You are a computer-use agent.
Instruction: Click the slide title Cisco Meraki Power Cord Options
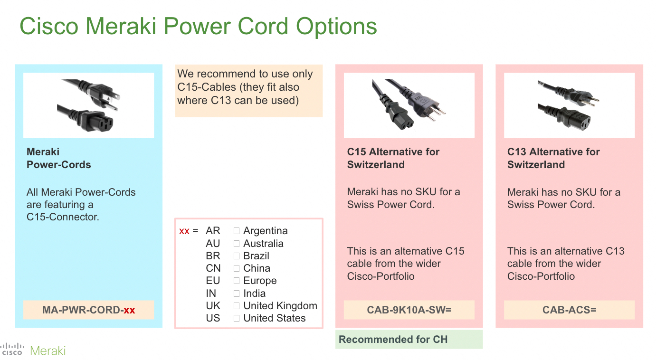198,26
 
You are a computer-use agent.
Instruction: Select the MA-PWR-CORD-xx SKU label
89,310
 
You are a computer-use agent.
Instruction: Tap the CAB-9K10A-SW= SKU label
409,310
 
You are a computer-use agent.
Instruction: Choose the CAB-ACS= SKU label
569,310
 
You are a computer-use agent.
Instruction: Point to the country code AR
213,231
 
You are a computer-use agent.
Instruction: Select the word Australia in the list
263,244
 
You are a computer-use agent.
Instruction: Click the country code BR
213,256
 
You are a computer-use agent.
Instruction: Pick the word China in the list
257,268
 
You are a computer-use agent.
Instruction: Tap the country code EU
213,281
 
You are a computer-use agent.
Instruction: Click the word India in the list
254,294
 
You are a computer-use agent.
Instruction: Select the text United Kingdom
280,306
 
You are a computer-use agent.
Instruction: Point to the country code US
213,318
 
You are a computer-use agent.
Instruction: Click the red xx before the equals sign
184,231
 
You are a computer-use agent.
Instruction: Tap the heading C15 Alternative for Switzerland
393,158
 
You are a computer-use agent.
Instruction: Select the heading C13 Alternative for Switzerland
553,158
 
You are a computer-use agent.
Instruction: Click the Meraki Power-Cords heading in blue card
58,158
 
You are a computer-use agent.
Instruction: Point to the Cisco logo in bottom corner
12,350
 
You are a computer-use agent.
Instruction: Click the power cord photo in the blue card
88,105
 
